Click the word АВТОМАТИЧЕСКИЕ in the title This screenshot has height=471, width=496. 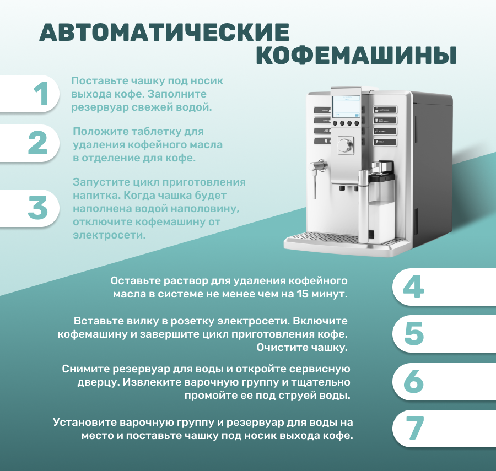point(164,32)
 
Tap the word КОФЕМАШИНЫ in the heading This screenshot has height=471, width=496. point(356,56)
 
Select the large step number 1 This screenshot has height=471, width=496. point(41,94)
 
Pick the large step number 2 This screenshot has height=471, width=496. point(38,143)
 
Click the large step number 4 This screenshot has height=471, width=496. point(413,286)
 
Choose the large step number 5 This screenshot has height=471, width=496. point(414,333)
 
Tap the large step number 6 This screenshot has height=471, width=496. point(414,381)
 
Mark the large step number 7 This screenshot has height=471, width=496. point(414,428)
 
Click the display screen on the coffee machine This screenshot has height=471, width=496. point(346,107)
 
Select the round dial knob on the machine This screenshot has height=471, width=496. point(345,145)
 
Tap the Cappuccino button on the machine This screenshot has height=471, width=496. point(385,110)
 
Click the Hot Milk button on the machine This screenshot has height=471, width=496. point(385,131)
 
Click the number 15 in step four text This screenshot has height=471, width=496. point(302,294)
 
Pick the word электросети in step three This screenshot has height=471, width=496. point(109,235)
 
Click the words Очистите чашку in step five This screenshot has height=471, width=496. point(302,348)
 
